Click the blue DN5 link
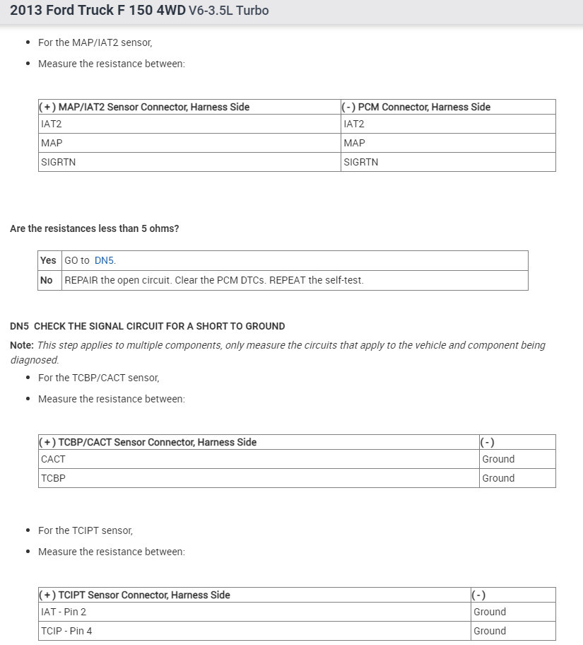[104, 260]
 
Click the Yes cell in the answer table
[48, 260]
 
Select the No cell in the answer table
[47, 280]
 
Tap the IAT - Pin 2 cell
[64, 612]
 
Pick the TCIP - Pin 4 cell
[66, 631]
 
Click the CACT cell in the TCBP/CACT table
[53, 459]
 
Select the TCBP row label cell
[53, 478]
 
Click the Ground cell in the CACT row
[498, 459]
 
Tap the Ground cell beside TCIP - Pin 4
[490, 631]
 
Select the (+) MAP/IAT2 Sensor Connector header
[144, 107]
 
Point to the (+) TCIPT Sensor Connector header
[134, 595]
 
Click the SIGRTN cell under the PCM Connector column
[360, 162]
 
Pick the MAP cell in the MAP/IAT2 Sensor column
[52, 143]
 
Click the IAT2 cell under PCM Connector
[353, 124]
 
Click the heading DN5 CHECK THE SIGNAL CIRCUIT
[148, 327]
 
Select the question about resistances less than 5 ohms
[94, 229]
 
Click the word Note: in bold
[22, 346]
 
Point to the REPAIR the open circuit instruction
[214, 280]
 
